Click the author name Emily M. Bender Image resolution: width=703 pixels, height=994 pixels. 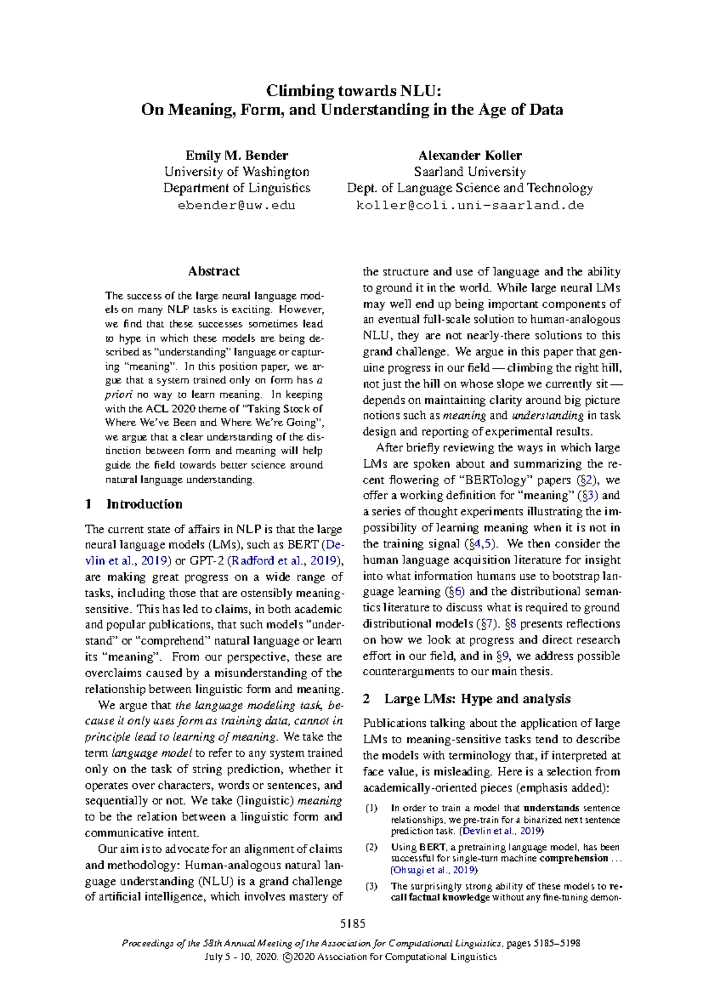pyautogui.click(x=237, y=155)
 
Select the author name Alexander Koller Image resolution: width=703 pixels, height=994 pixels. pyautogui.click(x=469, y=155)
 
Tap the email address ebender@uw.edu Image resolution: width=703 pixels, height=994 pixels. pyautogui.click(x=237, y=206)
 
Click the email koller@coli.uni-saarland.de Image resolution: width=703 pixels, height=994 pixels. pyautogui.click(x=470, y=206)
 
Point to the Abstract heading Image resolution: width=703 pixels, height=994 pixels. pyautogui.click(x=214, y=271)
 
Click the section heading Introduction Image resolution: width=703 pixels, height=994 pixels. pyautogui.click(x=144, y=504)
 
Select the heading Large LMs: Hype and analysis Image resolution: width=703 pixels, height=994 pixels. pyautogui.click(x=477, y=699)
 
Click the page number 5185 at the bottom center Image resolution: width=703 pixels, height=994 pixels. pyautogui.click(x=353, y=924)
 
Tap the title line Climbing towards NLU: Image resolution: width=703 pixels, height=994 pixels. pyautogui.click(x=352, y=91)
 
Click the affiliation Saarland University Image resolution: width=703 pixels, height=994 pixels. pyautogui.click(x=469, y=172)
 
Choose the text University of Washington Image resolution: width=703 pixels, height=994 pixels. pyautogui.click(x=237, y=172)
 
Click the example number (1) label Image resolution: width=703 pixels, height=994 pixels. pyautogui.click(x=371, y=808)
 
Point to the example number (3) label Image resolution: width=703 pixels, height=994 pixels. pyautogui.click(x=371, y=886)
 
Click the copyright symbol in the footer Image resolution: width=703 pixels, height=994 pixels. pyautogui.click(x=286, y=957)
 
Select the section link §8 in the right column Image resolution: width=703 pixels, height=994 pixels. pyautogui.click(x=510, y=624)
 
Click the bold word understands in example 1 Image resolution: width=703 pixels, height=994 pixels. pyautogui.click(x=551, y=808)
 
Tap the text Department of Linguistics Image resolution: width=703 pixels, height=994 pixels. pyautogui.click(x=237, y=188)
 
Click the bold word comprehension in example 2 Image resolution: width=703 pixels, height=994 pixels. pyautogui.click(x=574, y=859)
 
